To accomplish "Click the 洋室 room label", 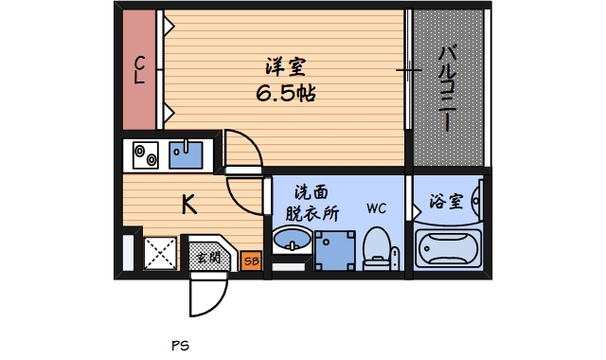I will pyautogui.click(x=285, y=68).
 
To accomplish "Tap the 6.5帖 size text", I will pyautogui.click(x=285, y=94).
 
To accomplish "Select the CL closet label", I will pyautogui.click(x=139, y=70).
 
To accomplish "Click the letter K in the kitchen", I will pyautogui.click(x=189, y=204).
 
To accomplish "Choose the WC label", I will pyautogui.click(x=376, y=207).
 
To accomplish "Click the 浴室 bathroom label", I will pyautogui.click(x=446, y=201).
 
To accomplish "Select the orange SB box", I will pyautogui.click(x=251, y=260).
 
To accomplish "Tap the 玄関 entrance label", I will pyautogui.click(x=207, y=256).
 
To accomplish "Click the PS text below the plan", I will pyautogui.click(x=180, y=346).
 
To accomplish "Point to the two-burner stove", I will pyautogui.click(x=145, y=153).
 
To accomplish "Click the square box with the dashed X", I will pyautogui.click(x=158, y=254).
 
